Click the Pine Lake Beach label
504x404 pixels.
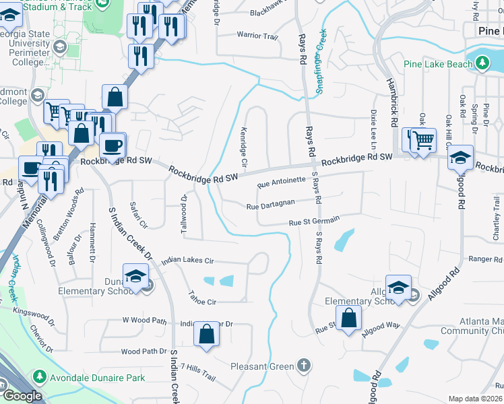pos(438,64)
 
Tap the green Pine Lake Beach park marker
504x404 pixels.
pos(482,64)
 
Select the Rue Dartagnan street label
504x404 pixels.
pos(271,207)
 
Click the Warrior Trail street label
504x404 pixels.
pos(257,35)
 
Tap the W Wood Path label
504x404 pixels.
pos(144,321)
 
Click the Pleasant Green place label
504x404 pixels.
pos(262,366)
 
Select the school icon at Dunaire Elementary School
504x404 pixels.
pos(135,276)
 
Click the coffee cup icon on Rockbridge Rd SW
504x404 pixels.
pos(112,145)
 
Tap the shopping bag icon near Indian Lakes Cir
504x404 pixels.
pos(207,334)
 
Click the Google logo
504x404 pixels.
pos(22,396)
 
